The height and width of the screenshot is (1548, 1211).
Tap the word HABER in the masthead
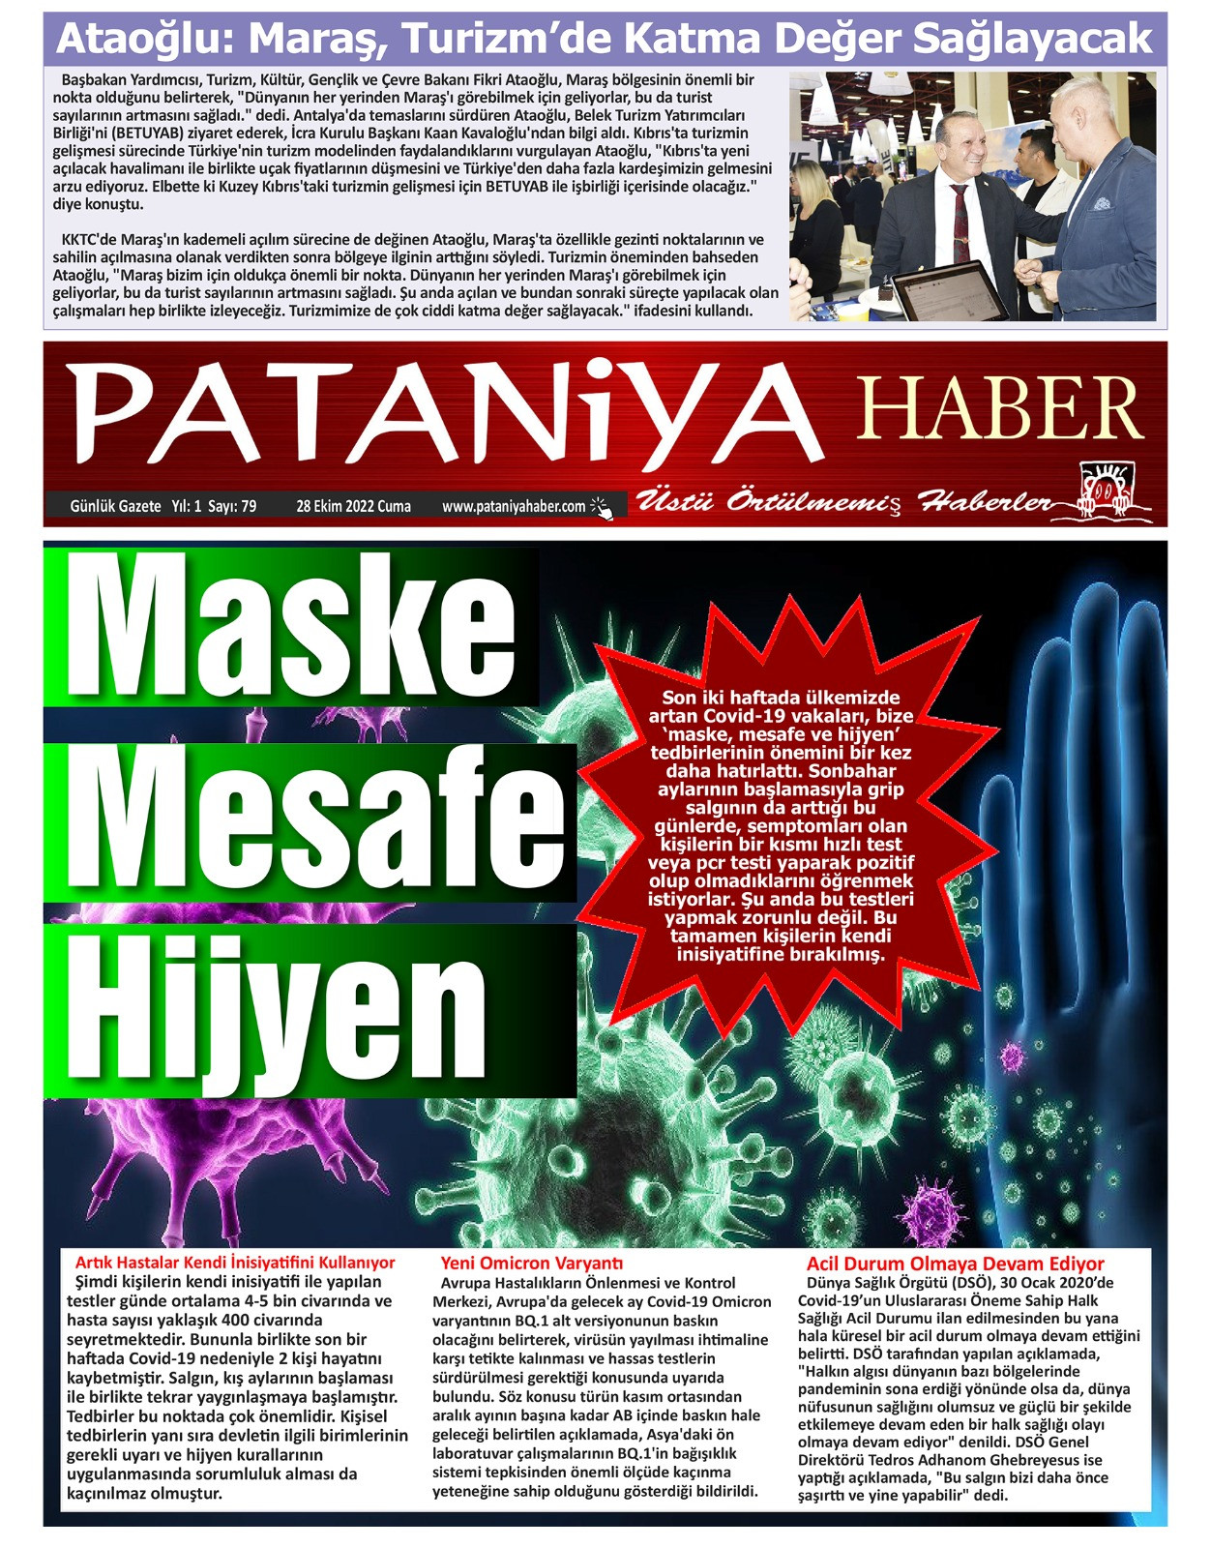click(x=999, y=409)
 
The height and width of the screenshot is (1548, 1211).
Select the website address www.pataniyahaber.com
click(x=514, y=506)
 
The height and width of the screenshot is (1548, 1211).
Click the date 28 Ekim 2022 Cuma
click(x=353, y=506)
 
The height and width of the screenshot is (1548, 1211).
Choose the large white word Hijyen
click(x=281, y=1012)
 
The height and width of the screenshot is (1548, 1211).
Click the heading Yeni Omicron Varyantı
click(x=531, y=1263)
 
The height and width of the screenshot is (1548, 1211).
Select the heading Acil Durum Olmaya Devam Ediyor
click(x=955, y=1264)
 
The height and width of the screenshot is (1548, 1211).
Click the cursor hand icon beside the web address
click(x=602, y=507)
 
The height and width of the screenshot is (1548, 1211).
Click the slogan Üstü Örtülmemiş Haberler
click(x=842, y=502)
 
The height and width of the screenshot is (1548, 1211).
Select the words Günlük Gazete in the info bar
click(x=115, y=506)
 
